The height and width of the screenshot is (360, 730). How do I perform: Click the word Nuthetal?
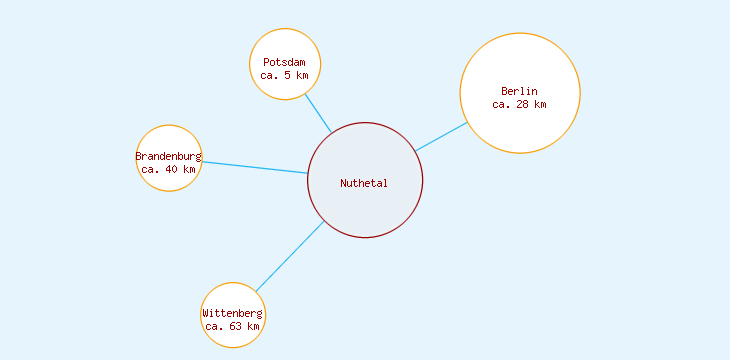pyautogui.click(x=364, y=183)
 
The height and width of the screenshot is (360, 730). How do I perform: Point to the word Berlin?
pyautogui.click(x=519, y=92)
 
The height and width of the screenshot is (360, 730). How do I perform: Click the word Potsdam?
pyautogui.click(x=284, y=62)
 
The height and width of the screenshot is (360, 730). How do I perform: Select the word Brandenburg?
pyautogui.click(x=168, y=157)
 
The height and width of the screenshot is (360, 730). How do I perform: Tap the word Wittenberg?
pyautogui.click(x=232, y=313)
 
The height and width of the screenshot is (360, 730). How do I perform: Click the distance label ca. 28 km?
pyautogui.click(x=519, y=104)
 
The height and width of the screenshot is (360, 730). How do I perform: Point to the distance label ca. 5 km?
pyautogui.click(x=284, y=75)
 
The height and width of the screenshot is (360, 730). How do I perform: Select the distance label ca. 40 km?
pyautogui.click(x=168, y=169)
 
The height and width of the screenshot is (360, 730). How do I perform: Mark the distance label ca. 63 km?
pyautogui.click(x=232, y=326)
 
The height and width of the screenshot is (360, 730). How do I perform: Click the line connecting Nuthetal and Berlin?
pyautogui.click(x=441, y=137)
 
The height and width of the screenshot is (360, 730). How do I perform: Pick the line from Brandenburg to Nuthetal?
pyautogui.click(x=254, y=167)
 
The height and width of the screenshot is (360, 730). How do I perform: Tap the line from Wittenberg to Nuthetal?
pyautogui.click(x=289, y=257)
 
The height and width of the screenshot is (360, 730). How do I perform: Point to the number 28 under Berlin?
pyautogui.click(x=522, y=104)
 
